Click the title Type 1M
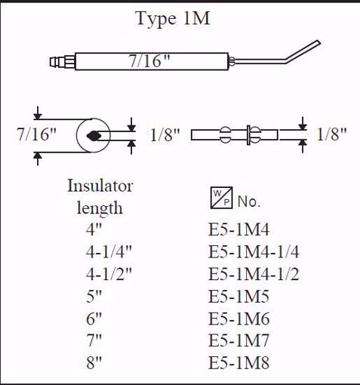click(x=172, y=20)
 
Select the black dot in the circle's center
click(x=94, y=136)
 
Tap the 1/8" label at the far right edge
click(x=332, y=134)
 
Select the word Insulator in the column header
click(x=100, y=186)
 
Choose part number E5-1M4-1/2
click(x=254, y=274)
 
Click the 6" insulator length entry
click(x=95, y=319)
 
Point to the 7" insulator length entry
click(x=95, y=341)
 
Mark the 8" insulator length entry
click(x=95, y=364)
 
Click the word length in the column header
click(x=100, y=207)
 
